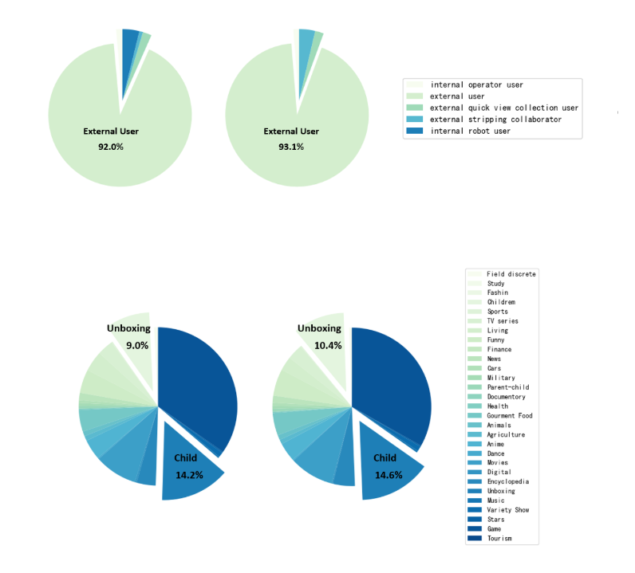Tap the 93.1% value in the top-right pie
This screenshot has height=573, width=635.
tap(291, 147)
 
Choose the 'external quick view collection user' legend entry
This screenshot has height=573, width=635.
tap(503, 108)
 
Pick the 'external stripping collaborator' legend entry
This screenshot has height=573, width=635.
tap(495, 120)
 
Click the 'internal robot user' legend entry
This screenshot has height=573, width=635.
tap(470, 131)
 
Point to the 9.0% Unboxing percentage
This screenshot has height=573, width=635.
tap(137, 345)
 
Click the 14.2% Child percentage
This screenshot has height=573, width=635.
tap(189, 475)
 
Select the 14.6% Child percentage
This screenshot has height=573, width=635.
tap(388, 475)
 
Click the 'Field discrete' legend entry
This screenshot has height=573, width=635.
tap(511, 274)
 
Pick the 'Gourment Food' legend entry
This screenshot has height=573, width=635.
tap(510, 416)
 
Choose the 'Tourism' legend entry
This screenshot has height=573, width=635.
tap(499, 539)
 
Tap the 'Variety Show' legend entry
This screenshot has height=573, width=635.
tap(507, 510)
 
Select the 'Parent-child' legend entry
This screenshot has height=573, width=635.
tap(507, 387)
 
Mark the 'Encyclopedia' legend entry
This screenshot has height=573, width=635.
tap(507, 481)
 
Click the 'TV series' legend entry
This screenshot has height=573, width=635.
tap(503, 321)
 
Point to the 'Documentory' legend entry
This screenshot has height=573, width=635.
tap(507, 397)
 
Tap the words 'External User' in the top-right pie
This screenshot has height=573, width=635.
tap(291, 131)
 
